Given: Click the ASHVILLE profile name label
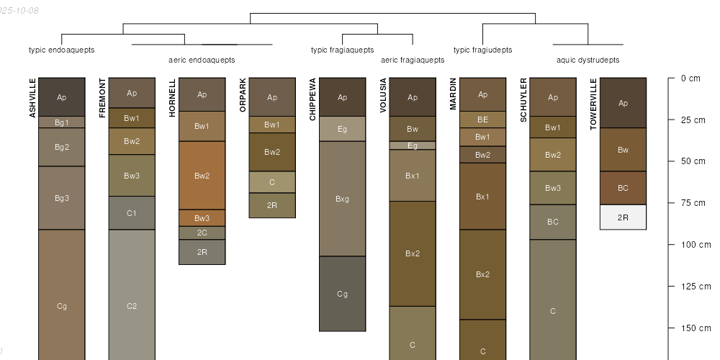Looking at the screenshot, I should (32, 98).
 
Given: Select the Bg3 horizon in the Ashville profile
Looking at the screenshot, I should (62, 198).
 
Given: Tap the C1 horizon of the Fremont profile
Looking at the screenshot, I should (132, 213).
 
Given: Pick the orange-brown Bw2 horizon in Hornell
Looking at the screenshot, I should (202, 176).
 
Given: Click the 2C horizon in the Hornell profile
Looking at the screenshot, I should (202, 233).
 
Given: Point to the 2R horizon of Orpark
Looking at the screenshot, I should (272, 205).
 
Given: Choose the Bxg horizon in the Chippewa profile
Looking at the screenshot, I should (342, 199).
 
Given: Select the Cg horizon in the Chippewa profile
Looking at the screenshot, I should (342, 294).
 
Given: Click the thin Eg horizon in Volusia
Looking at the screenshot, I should (413, 145).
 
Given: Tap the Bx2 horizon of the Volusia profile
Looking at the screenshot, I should (413, 253).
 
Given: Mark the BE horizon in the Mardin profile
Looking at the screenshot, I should (482, 120).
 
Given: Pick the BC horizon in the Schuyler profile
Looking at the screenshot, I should (553, 222).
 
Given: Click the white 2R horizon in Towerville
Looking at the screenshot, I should (623, 217).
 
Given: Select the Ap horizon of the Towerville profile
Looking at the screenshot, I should (623, 103).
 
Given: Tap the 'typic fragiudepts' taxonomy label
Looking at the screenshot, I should (482, 50).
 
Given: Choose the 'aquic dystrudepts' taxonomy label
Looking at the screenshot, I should (588, 60).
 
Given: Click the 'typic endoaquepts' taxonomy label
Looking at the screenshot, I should (62, 50).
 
